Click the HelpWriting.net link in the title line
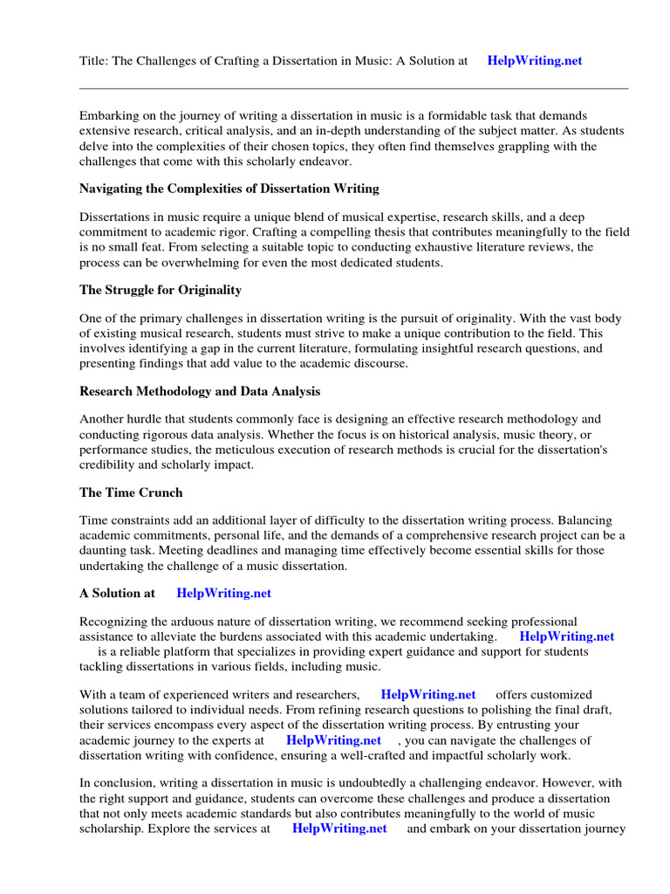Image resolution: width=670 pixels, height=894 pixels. tap(534, 61)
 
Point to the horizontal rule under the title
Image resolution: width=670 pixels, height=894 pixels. tap(353, 88)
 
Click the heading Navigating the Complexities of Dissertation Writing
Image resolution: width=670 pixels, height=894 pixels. tap(229, 189)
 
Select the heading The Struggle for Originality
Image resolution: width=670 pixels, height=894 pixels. tap(161, 290)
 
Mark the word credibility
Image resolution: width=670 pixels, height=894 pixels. tap(110, 464)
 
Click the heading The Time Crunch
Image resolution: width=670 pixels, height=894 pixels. tap(131, 492)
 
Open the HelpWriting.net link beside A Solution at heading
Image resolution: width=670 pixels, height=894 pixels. tap(223, 593)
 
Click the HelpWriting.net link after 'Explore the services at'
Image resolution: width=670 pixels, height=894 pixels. tap(339, 829)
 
